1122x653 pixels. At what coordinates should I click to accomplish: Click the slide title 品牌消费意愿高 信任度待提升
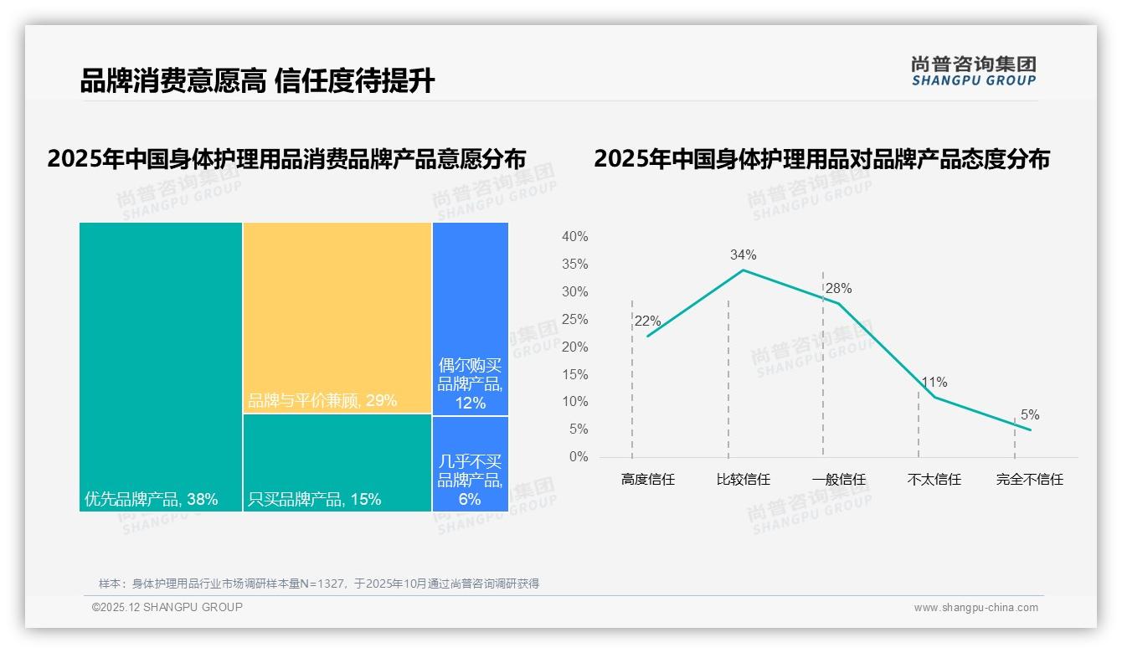[x=257, y=81]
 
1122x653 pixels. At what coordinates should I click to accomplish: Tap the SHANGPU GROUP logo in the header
[x=973, y=71]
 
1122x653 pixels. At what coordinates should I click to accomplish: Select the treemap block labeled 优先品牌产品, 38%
[x=161, y=367]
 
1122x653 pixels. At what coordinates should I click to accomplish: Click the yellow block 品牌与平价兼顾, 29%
[x=337, y=318]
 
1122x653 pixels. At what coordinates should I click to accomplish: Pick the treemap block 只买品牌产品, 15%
[x=337, y=463]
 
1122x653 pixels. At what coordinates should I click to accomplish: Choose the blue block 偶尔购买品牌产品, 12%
[x=471, y=319]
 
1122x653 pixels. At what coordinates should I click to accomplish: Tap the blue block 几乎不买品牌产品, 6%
[x=471, y=464]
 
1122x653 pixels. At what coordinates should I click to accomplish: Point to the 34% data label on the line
[x=743, y=255]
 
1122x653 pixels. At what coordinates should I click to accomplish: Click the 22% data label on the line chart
[x=647, y=321]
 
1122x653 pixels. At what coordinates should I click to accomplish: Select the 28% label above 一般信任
[x=838, y=289]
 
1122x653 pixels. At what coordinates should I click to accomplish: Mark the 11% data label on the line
[x=934, y=383]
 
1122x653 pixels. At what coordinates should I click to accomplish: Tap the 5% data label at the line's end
[x=1029, y=415]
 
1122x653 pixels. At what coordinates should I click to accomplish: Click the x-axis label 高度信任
[x=647, y=480]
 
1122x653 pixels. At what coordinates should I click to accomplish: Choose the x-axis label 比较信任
[x=743, y=480]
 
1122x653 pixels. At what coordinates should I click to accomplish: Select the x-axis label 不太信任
[x=934, y=480]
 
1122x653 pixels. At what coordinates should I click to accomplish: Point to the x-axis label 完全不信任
[x=1029, y=480]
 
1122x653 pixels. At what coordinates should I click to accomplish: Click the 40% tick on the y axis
[x=574, y=237]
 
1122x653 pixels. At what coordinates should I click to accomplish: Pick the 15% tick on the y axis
[x=574, y=374]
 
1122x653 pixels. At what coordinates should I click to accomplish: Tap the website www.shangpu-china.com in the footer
[x=975, y=608]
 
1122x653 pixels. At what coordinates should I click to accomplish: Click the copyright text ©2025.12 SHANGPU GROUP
[x=167, y=607]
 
